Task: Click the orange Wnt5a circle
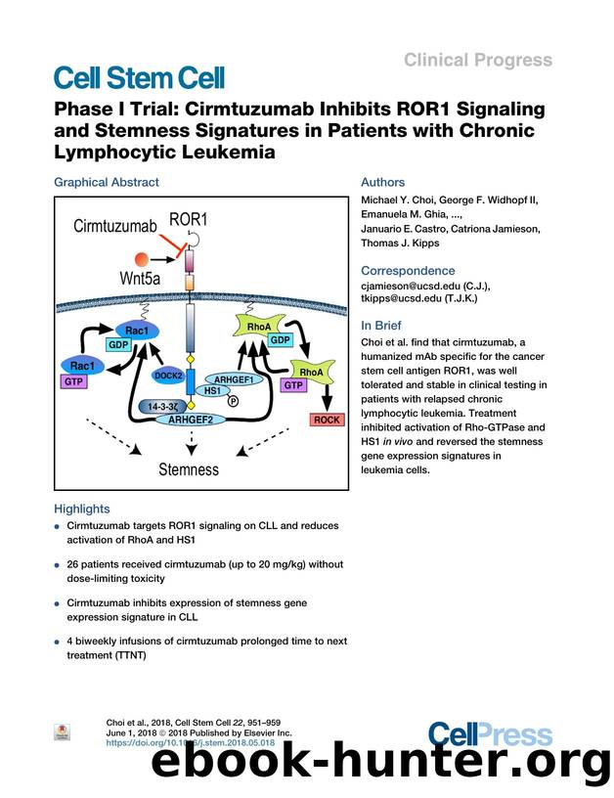[142, 258]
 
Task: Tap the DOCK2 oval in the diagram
[168, 376]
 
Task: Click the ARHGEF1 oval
[234, 380]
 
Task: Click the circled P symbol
[233, 399]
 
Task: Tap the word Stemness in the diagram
[190, 469]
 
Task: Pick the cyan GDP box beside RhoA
[280, 340]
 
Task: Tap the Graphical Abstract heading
[106, 182]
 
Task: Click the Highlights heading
[82, 509]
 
